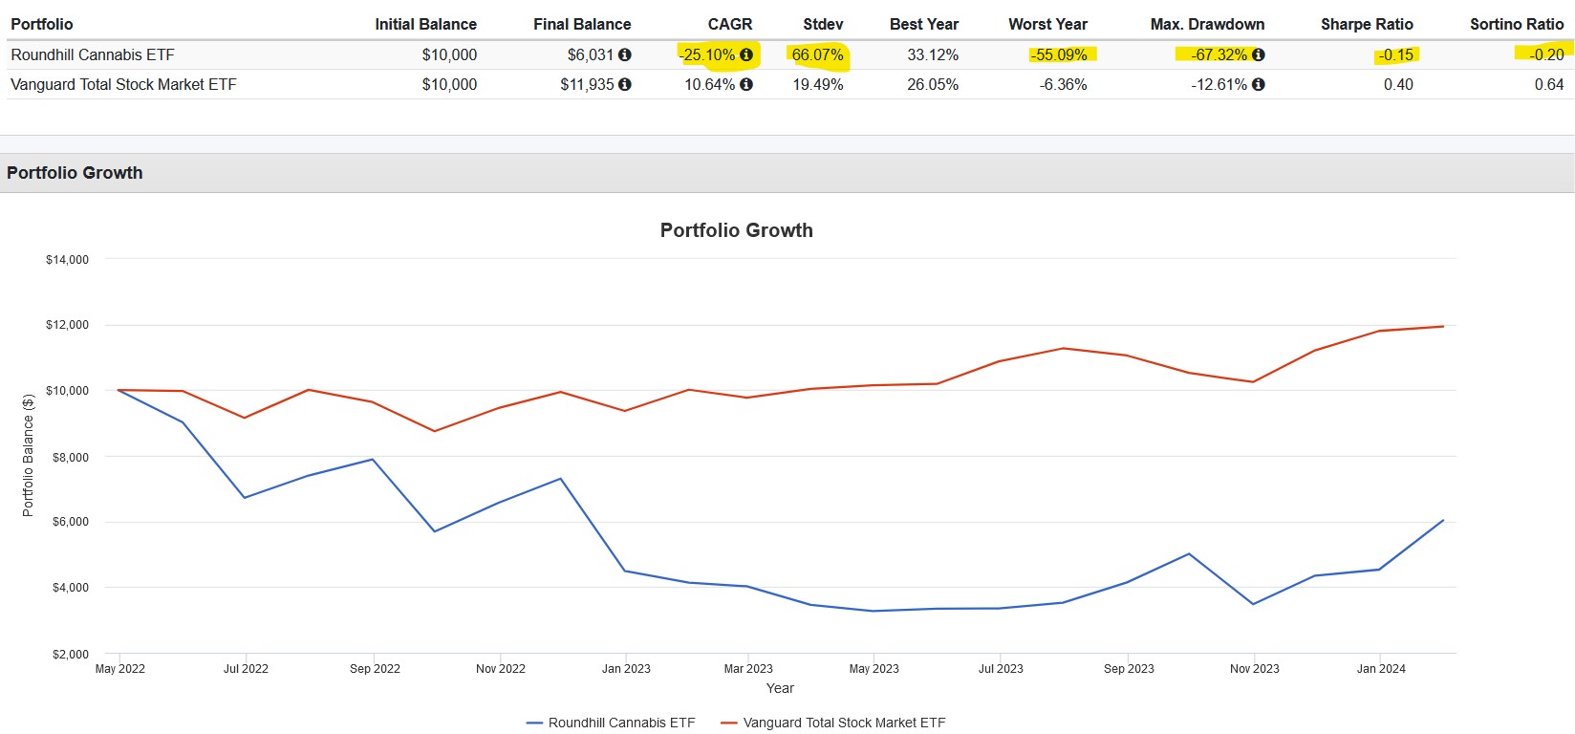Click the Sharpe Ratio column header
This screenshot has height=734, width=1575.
pos(1366,24)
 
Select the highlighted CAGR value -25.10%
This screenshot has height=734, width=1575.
pos(708,55)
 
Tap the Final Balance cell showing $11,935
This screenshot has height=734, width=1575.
pos(587,84)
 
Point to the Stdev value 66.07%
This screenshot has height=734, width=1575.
pos(817,55)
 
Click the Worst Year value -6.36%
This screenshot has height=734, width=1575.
pos(1063,84)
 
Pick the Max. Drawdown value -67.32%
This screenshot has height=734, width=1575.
pos(1219,55)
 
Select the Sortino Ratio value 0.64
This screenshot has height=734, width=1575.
pos(1548,84)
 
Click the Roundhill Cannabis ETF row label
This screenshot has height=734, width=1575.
pos(93,55)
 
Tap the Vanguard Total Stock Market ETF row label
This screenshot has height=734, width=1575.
pos(123,84)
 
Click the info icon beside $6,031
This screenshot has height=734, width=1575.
pos(625,55)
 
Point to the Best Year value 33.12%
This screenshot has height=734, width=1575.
pos(932,55)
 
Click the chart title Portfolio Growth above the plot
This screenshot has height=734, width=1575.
pos(736,230)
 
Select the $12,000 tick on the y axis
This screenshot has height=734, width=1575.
pos(67,325)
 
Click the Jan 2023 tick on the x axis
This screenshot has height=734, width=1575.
pos(626,669)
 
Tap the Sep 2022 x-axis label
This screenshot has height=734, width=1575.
pos(375,669)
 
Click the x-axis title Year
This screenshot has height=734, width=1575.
pos(780,688)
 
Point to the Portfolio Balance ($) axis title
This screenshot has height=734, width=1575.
pos(28,455)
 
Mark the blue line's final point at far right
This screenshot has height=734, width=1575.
pos(1443,521)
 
